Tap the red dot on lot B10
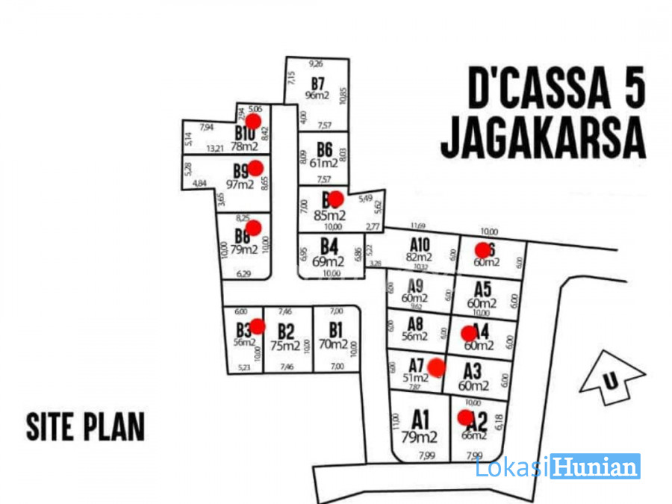click(253, 121)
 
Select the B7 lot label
click(318, 83)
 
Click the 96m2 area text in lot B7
click(317, 95)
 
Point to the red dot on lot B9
click(255, 167)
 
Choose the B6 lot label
click(323, 148)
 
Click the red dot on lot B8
click(253, 228)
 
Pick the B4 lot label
click(329, 246)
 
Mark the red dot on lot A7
click(436, 367)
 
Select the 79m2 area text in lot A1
click(420, 437)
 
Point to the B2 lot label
click(285, 331)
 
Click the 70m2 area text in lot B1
click(333, 345)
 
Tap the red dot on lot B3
click(258, 326)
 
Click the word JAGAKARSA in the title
click(543, 137)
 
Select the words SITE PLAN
click(85, 426)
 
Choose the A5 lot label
click(482, 289)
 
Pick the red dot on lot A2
click(465, 417)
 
